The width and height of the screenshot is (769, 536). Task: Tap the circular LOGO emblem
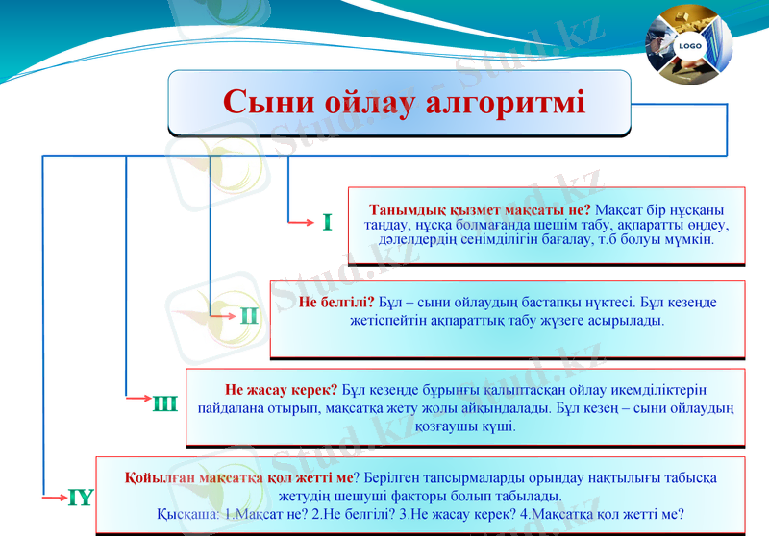688,45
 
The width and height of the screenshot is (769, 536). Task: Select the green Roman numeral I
328,223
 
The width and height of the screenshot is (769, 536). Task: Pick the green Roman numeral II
250,314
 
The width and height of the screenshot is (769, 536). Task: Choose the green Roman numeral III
164,403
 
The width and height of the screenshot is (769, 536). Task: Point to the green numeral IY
80,497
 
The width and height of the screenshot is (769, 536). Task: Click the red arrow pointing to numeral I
303,224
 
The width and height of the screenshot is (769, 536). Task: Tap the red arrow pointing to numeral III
139,397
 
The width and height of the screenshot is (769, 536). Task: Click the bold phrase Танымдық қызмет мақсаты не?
480,209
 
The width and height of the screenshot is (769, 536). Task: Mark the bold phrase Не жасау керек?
281,390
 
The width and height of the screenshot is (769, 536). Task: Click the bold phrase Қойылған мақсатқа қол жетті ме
238,477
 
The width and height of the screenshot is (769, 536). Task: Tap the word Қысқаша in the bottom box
186,514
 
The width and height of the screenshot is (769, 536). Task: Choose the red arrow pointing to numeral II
223,313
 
